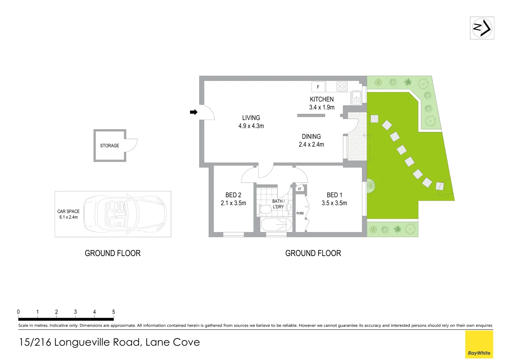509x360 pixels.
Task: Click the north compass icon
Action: [482, 28]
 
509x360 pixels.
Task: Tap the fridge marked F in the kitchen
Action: [318, 87]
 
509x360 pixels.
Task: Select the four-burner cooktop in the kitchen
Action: [342, 86]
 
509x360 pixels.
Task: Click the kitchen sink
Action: [356, 98]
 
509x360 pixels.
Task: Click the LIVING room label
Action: [251, 118]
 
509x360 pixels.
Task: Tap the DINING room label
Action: [311, 137]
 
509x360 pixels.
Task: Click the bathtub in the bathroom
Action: [276, 224]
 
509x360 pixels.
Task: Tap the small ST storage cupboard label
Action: [299, 189]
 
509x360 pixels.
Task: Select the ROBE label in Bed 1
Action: [300, 213]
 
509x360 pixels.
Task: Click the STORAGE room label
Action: [109, 146]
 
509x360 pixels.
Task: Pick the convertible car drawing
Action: [125, 214]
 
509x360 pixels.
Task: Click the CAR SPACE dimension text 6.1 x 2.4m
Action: [68, 217]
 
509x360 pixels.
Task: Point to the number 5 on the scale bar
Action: [114, 312]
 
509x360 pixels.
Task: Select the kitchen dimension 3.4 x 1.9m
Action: [321, 107]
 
